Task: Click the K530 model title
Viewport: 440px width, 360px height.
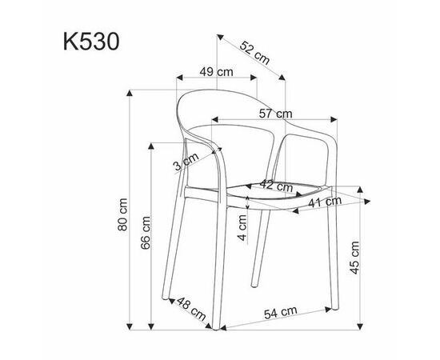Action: (91, 42)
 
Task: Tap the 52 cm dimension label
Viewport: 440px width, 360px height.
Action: (254, 53)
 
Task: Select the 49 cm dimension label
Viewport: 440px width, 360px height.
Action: (216, 72)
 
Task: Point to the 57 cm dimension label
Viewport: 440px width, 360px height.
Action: (275, 114)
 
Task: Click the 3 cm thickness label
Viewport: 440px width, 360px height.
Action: (186, 162)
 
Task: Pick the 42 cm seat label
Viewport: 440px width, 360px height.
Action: (277, 185)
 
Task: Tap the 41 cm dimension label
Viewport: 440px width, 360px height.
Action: (325, 202)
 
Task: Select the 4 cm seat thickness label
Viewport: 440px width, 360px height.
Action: (242, 227)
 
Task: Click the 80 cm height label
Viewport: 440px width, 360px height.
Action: (122, 214)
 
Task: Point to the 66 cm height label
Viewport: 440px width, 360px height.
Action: (146, 233)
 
